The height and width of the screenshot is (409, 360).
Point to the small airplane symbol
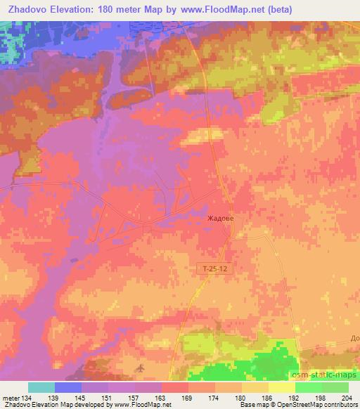pyautogui.click(x=139, y=368)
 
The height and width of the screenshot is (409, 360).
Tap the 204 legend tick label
pyautogui.click(x=347, y=398)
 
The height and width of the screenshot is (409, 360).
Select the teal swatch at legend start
pyautogui.click(x=41, y=387)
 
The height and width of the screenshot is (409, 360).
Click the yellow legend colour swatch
pyautogui.click(x=282, y=387)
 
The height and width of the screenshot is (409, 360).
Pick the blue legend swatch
pyautogui.click(x=68, y=387)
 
